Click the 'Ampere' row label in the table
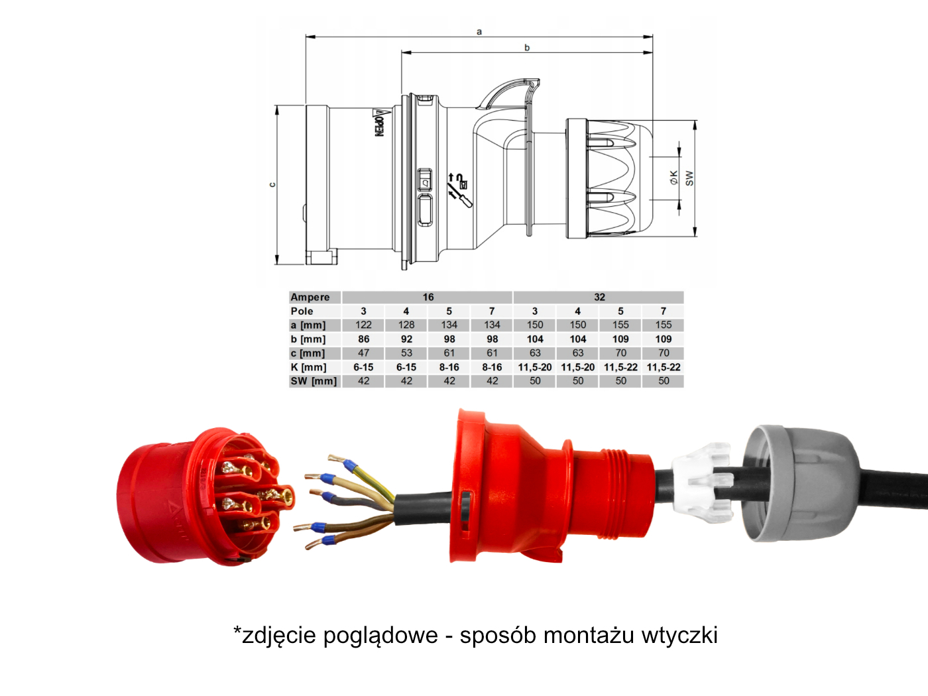click(x=310, y=297)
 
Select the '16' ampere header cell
click(x=428, y=297)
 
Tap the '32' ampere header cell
click(x=599, y=297)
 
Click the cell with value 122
click(x=363, y=325)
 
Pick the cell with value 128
click(x=406, y=325)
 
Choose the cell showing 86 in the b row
click(x=363, y=339)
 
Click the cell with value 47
click(x=363, y=353)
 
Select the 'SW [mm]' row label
click(x=314, y=381)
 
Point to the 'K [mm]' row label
click(x=308, y=367)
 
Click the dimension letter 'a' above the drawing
click(x=479, y=32)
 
